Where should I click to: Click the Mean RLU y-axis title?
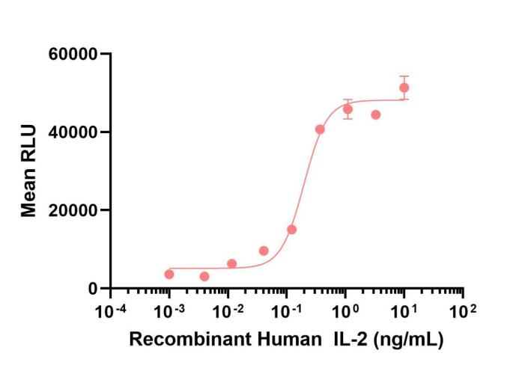(29, 171)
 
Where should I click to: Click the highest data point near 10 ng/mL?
(404, 88)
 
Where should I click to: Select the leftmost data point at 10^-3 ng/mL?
(169, 275)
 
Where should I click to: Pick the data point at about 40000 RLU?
(320, 129)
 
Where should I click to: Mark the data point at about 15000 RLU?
(291, 230)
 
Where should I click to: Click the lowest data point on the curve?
(204, 277)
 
